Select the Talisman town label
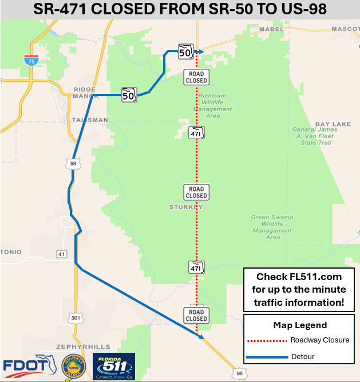point(90,120)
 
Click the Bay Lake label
point(333,124)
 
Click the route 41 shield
point(62,253)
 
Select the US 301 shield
point(75,317)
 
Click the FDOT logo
point(26,367)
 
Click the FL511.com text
point(307,276)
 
